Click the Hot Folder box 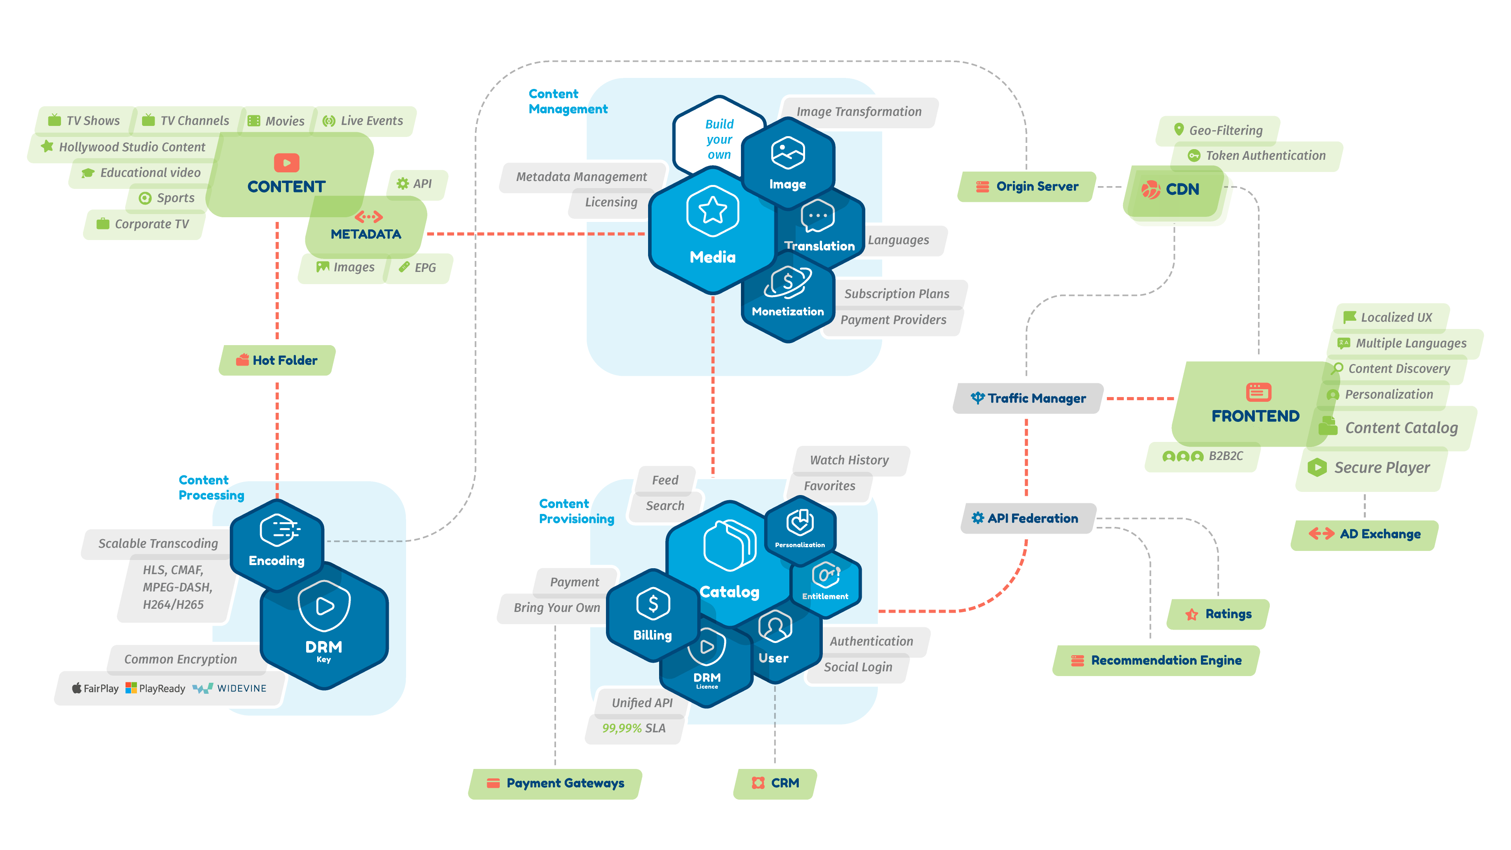[x=277, y=360]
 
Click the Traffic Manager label [x=1028, y=398]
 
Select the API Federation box [x=1028, y=518]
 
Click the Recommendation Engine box [x=1156, y=661]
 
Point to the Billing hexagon [x=652, y=616]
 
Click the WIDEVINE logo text [x=241, y=688]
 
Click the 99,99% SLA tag [x=634, y=728]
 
